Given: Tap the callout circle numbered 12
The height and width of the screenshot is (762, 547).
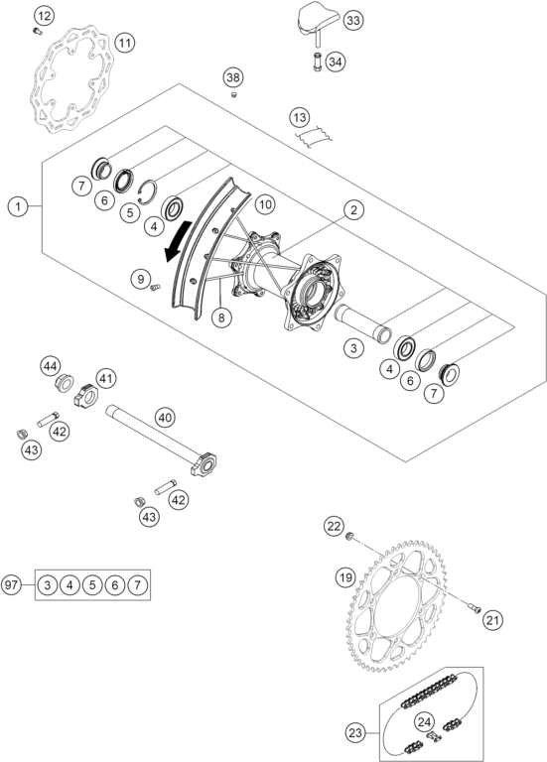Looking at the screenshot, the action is pos(44,16).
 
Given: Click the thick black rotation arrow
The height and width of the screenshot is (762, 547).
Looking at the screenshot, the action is pos(179,240).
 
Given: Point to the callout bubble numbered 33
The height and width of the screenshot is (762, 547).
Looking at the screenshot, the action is pos(353,21).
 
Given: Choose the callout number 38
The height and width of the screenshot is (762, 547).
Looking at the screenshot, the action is pos(233,77).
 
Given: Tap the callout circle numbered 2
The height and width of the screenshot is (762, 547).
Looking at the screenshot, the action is pos(353,210).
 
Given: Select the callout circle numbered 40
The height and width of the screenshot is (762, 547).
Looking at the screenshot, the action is pos(166,418).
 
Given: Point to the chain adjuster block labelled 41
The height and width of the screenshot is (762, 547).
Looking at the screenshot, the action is pos(86,396).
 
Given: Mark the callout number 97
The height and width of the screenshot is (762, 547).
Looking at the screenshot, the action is pos(11,584).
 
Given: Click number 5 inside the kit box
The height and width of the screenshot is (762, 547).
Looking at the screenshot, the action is pos(92,584).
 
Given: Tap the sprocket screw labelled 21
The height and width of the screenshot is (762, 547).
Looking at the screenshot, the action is pos(475,607).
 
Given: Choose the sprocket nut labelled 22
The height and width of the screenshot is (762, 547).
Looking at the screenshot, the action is pos(348,537).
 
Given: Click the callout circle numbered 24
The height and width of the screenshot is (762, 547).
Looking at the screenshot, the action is pos(425,722).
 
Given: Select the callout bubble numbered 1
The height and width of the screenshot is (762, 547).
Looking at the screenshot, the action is pos(18,207).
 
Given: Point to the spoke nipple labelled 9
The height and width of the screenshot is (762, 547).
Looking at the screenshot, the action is pos(155,288).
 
